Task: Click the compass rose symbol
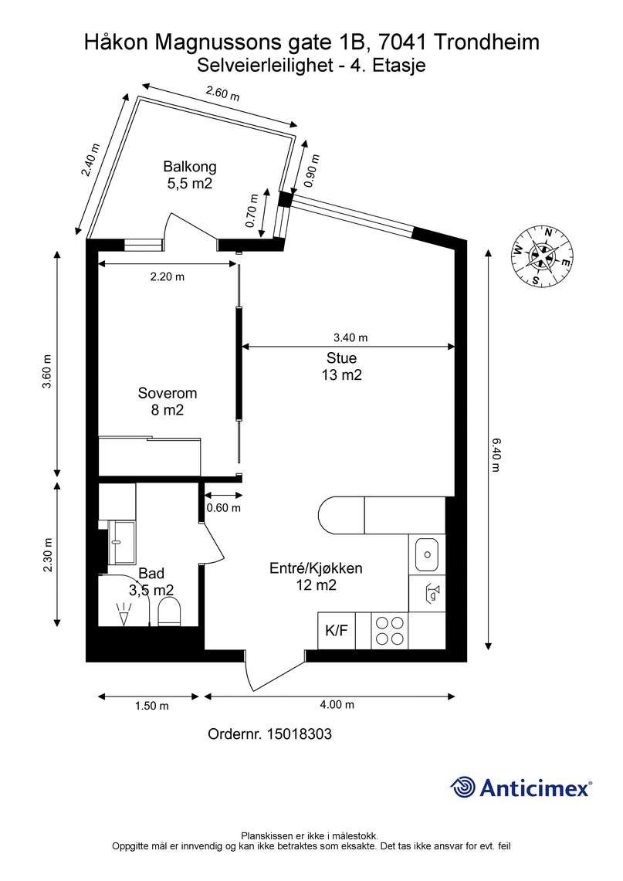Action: click(543, 256)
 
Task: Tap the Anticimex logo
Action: click(521, 787)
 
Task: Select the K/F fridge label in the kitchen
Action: click(337, 631)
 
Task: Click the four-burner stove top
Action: click(388, 631)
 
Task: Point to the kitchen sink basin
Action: click(427, 553)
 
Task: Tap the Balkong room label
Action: click(189, 167)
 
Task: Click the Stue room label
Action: click(342, 358)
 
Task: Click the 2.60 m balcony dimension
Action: click(222, 95)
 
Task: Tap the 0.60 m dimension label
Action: click(223, 508)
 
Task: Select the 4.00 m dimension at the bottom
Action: click(337, 705)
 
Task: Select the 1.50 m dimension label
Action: click(151, 705)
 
